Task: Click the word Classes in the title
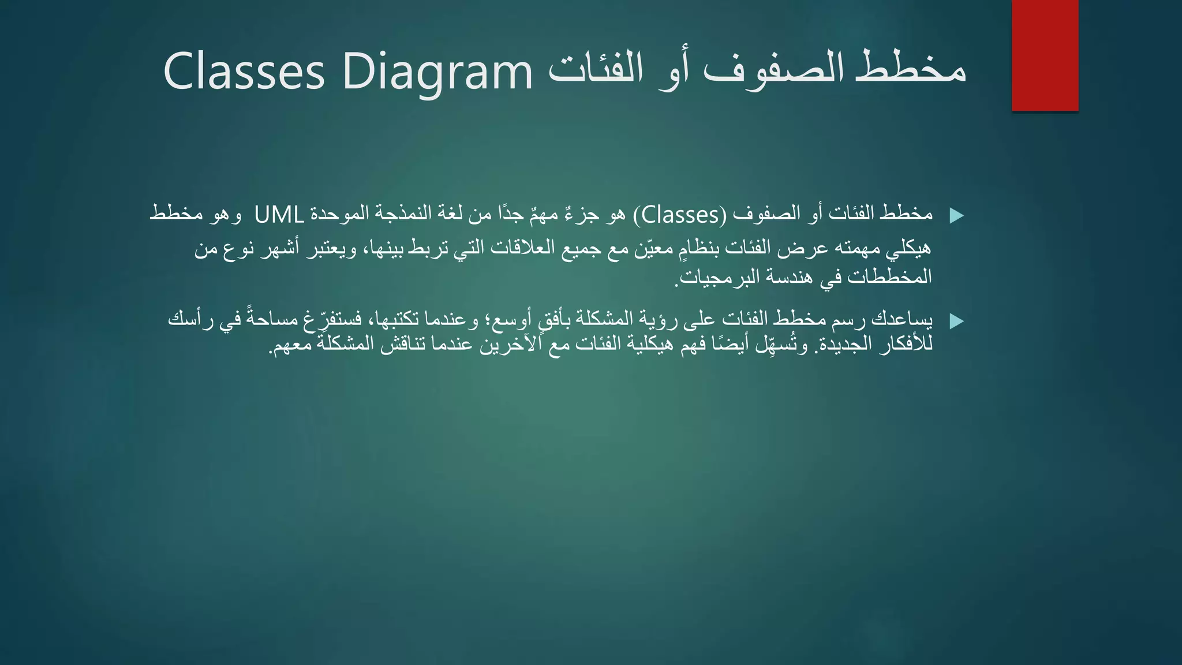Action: [x=244, y=72]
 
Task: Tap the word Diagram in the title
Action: [x=437, y=72]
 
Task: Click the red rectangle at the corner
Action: [x=1045, y=55]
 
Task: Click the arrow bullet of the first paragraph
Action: [x=956, y=216]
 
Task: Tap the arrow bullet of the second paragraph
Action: [x=956, y=321]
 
